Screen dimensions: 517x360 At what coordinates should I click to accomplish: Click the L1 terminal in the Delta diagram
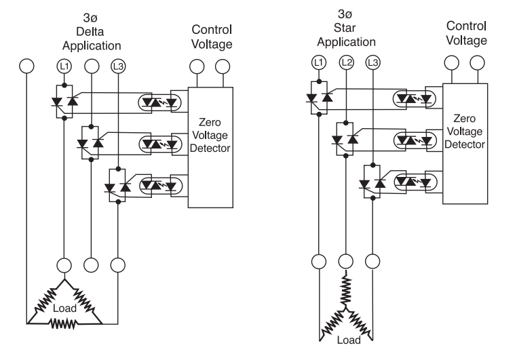coord(64,66)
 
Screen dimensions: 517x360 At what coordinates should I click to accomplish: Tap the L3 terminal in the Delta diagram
coord(118,66)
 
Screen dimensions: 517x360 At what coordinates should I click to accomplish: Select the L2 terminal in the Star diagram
coord(346,62)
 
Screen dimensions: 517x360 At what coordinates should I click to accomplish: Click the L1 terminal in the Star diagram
coord(319,62)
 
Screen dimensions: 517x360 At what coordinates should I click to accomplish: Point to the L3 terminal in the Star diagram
coord(373,62)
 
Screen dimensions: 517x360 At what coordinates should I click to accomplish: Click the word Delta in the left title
coord(90,32)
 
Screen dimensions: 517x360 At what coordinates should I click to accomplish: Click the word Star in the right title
coord(345,28)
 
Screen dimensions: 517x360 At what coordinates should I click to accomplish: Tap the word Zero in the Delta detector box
coord(210,122)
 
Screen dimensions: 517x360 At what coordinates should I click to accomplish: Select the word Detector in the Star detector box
coord(465,144)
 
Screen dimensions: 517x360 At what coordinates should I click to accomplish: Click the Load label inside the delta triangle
coord(64,308)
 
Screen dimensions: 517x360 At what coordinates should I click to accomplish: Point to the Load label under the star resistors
coord(349,340)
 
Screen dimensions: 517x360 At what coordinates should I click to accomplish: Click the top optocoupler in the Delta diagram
coord(159,103)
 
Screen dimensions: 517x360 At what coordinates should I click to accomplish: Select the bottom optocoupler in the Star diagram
coord(415,182)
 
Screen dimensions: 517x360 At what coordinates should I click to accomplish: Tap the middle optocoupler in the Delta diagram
coord(161,144)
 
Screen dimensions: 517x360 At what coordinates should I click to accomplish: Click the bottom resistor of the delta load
coord(63,323)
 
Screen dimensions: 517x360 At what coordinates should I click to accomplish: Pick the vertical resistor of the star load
coord(345,290)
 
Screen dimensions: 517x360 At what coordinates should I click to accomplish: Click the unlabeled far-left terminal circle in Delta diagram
coord(26,66)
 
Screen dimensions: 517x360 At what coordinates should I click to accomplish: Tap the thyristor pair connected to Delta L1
coord(64,102)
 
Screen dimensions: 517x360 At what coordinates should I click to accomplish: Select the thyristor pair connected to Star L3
coord(372,182)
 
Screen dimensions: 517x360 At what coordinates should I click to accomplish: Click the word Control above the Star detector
coord(466,26)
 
